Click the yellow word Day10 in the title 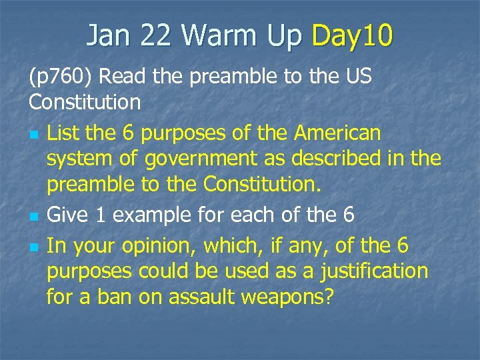351,35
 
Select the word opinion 159,246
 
